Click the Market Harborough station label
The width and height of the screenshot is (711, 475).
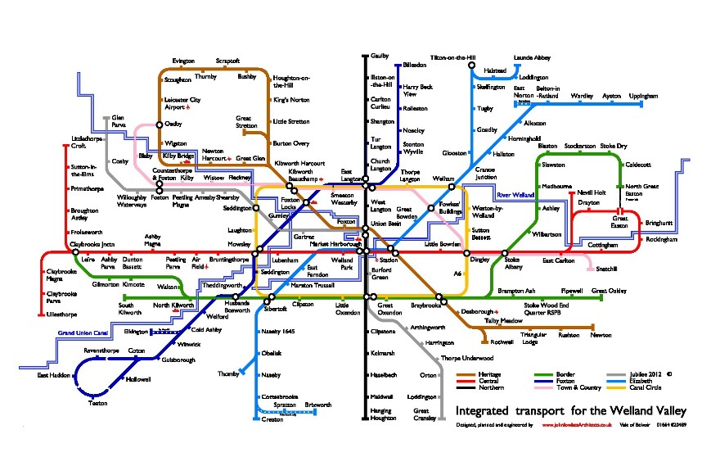click(335, 244)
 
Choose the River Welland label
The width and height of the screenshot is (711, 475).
click(515, 195)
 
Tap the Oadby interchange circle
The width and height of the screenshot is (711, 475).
click(160, 124)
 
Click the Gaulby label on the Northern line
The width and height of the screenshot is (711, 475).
click(380, 57)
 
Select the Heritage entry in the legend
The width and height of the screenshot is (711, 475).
click(489, 375)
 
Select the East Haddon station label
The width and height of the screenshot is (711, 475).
click(52, 375)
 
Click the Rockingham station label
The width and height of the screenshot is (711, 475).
click(661, 239)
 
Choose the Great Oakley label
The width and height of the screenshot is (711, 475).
click(608, 291)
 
